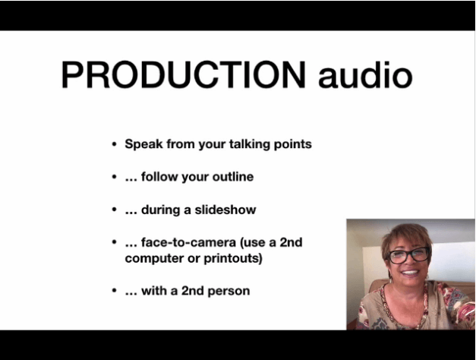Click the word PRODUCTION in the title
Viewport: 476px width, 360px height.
(x=183, y=74)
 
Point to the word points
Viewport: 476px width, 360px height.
(x=292, y=144)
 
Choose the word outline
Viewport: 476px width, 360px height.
(x=233, y=176)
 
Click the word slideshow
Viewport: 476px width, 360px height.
(x=225, y=210)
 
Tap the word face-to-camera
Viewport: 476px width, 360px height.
(x=188, y=242)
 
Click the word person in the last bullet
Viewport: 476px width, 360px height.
(x=229, y=291)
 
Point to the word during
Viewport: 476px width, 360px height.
(x=161, y=210)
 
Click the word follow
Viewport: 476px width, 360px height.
(x=159, y=176)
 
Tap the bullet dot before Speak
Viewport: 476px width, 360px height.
(x=114, y=144)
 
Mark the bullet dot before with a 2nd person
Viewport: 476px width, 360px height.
(x=114, y=291)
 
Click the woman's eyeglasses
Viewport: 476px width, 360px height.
(x=408, y=254)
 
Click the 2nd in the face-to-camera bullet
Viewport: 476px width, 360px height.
(x=291, y=242)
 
